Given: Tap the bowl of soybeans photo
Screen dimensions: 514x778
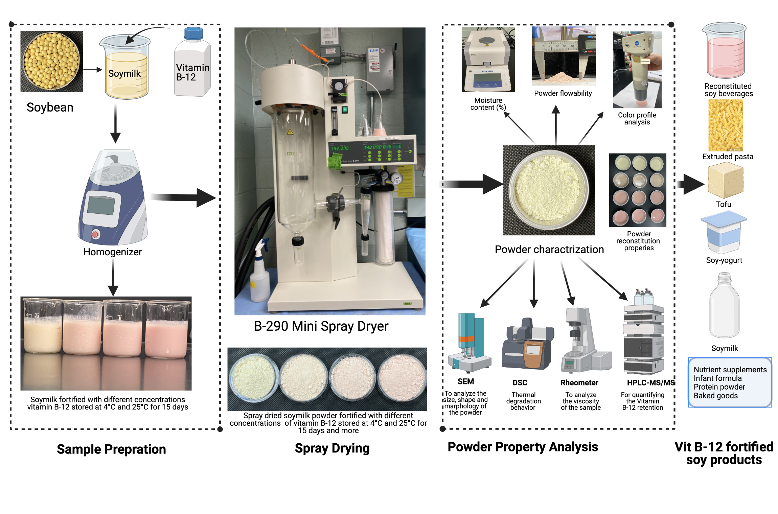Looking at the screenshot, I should coord(51,61).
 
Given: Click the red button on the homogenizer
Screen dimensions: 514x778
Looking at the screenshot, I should coord(95,234).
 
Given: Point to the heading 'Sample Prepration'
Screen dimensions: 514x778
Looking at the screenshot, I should coord(111,449).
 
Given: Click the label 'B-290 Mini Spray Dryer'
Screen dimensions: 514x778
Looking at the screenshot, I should coord(321,326).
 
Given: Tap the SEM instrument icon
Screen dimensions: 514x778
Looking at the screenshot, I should coord(468,343).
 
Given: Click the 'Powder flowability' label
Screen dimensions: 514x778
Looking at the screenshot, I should coord(563,93).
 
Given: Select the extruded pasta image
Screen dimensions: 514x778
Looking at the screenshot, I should coord(726,125).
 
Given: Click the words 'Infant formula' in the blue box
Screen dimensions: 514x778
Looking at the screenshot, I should coord(717,378).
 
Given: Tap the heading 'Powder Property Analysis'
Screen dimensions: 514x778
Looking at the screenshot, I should coord(523,447).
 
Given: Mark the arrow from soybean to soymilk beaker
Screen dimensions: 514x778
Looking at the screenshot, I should coord(92,70).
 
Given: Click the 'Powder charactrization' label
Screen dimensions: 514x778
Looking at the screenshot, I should coord(549,249).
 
